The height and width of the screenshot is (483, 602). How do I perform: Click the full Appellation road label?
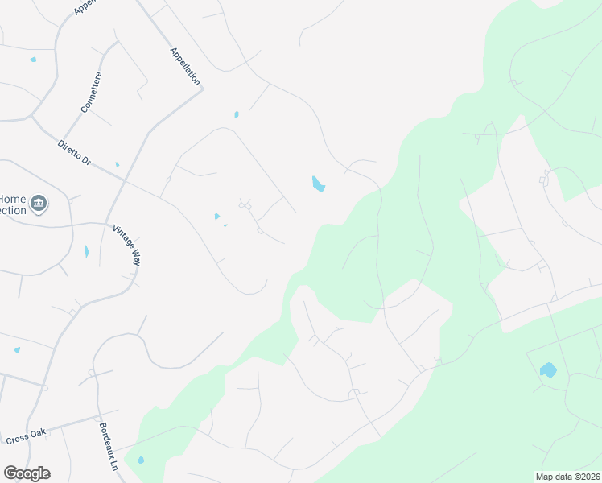pos(184,67)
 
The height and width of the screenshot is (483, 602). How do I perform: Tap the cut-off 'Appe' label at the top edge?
pos(85,7)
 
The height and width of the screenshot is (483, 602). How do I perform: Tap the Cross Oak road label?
pos(27,436)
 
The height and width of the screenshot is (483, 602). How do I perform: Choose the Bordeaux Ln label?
pos(109,447)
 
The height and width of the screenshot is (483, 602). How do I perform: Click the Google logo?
pos(27,473)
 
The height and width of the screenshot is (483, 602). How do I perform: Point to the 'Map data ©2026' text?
pos(567,477)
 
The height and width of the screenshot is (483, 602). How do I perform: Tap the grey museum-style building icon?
pos(38,204)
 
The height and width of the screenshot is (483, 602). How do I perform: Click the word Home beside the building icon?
pos(12,199)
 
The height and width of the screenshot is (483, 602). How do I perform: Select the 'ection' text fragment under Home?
pos(12,211)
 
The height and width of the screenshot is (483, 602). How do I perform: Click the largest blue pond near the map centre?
pos(318,184)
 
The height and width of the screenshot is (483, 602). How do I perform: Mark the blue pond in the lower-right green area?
pos(548,370)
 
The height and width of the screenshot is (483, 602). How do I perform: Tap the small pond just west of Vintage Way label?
pos(86,251)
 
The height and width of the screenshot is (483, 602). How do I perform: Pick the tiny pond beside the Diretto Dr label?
pos(117,164)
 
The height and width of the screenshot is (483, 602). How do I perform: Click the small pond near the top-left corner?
pos(33,60)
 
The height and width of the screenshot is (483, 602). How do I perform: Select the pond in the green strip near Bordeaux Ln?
pos(141,460)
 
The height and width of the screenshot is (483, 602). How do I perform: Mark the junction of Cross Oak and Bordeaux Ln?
pos(99,421)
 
